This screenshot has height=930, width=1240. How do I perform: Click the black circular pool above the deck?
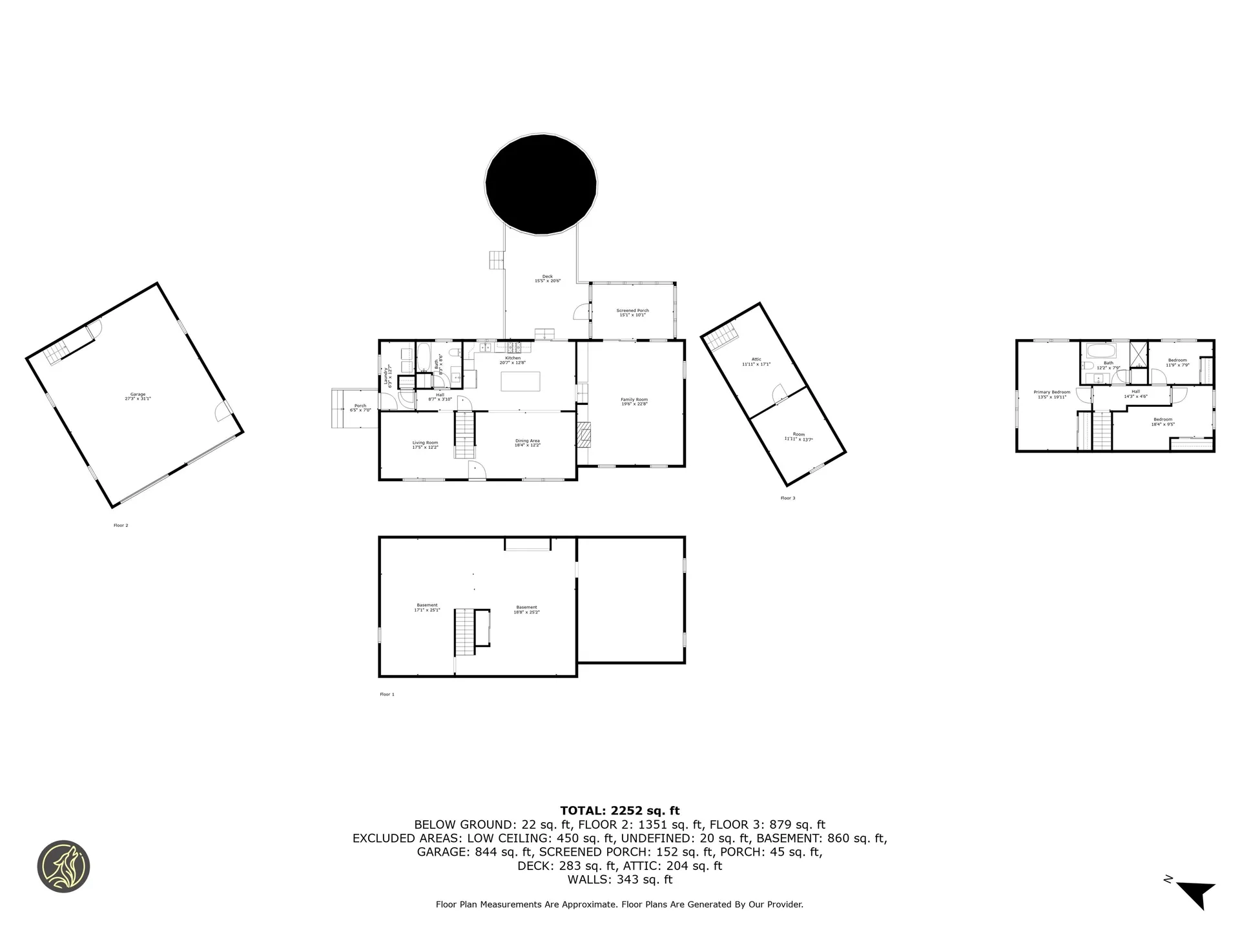[541, 183]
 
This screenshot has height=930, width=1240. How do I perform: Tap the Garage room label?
[138, 396]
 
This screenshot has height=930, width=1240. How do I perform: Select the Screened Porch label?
[633, 313]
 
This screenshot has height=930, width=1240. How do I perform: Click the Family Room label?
[634, 402]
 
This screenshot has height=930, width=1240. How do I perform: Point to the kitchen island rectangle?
[521, 381]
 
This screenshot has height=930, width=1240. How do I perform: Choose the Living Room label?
[425, 444]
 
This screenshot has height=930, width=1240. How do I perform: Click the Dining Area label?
[527, 443]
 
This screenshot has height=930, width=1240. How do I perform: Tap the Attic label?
[756, 362]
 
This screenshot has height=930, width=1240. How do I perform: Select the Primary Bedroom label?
[1051, 394]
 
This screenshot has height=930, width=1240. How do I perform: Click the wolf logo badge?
[63, 867]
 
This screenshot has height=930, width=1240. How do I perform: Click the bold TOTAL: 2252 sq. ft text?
[619, 811]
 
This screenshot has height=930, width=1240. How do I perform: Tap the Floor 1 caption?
[387, 694]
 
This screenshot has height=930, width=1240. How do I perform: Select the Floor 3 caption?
[787, 498]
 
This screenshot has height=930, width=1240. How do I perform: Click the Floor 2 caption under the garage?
[121, 525]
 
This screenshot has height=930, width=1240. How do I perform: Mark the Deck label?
[547, 278]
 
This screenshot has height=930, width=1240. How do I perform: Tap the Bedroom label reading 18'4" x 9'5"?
[1162, 421]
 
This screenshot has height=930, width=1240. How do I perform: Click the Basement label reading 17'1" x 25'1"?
[427, 607]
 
